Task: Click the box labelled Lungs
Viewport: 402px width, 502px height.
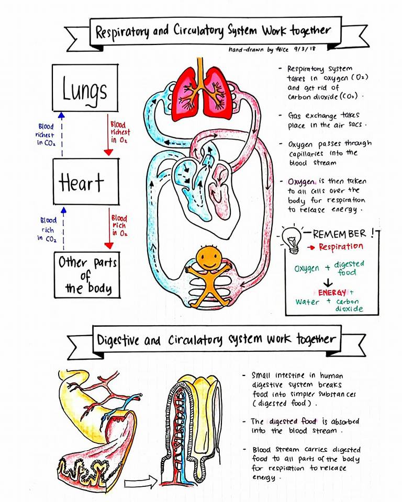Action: [85, 88]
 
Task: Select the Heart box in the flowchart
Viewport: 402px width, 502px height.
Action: [86, 181]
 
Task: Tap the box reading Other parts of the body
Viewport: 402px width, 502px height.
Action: [87, 275]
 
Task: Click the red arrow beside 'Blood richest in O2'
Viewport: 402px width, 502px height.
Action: [108, 135]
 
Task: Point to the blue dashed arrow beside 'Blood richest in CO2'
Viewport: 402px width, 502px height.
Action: [62, 134]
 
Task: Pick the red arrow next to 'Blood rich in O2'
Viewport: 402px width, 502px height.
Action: [109, 229]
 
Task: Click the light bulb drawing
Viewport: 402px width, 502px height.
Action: [292, 240]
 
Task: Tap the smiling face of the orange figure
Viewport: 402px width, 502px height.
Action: [209, 257]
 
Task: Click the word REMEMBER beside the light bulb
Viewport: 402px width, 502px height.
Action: [340, 234]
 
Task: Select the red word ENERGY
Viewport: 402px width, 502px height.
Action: [332, 293]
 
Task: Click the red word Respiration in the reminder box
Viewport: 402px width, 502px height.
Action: [341, 247]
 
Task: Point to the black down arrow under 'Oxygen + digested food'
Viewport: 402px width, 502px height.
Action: [328, 283]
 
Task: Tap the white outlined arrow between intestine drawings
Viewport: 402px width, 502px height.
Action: [140, 481]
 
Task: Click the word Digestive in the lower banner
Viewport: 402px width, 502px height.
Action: [118, 340]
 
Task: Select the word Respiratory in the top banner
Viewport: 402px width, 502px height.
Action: [122, 32]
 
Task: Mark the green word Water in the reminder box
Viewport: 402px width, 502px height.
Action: [307, 302]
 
